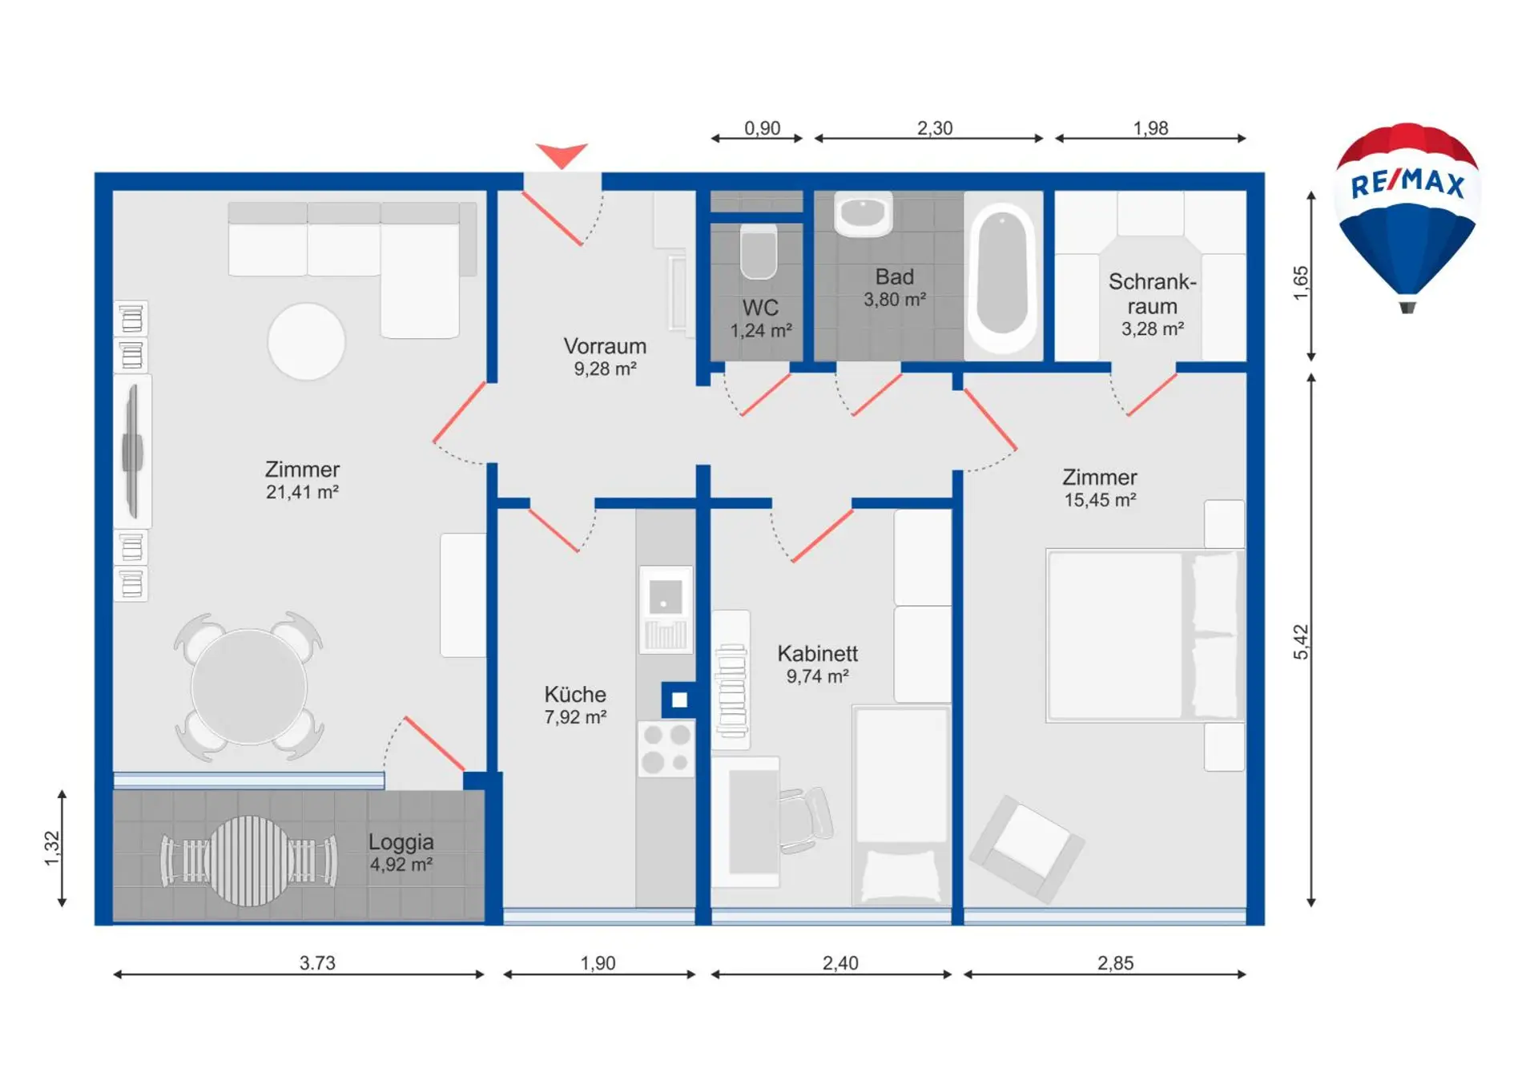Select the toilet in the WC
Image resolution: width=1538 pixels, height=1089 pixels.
point(758,251)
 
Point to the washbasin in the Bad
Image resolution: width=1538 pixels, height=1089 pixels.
point(863,214)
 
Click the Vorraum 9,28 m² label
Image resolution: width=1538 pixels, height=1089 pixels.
point(605,357)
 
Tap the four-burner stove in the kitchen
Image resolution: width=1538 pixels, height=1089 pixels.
point(666,748)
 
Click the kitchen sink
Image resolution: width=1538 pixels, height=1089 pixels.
point(666,609)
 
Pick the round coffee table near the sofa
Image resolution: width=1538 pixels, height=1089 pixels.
point(306,341)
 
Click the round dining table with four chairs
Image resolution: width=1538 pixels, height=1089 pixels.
point(249,687)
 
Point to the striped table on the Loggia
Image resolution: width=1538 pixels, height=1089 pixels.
point(249,861)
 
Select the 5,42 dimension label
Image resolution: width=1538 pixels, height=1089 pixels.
point(1301,642)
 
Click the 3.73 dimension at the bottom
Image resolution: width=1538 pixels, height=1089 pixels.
point(317,962)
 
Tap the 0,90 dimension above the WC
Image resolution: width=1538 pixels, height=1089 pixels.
point(762,128)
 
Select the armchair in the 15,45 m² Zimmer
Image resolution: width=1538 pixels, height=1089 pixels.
point(1026,849)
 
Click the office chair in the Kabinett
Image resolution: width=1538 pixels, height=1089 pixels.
point(805,820)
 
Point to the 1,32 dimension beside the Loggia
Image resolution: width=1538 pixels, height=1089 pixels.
point(52,848)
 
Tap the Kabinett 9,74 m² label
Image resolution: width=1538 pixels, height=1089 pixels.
point(817,664)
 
